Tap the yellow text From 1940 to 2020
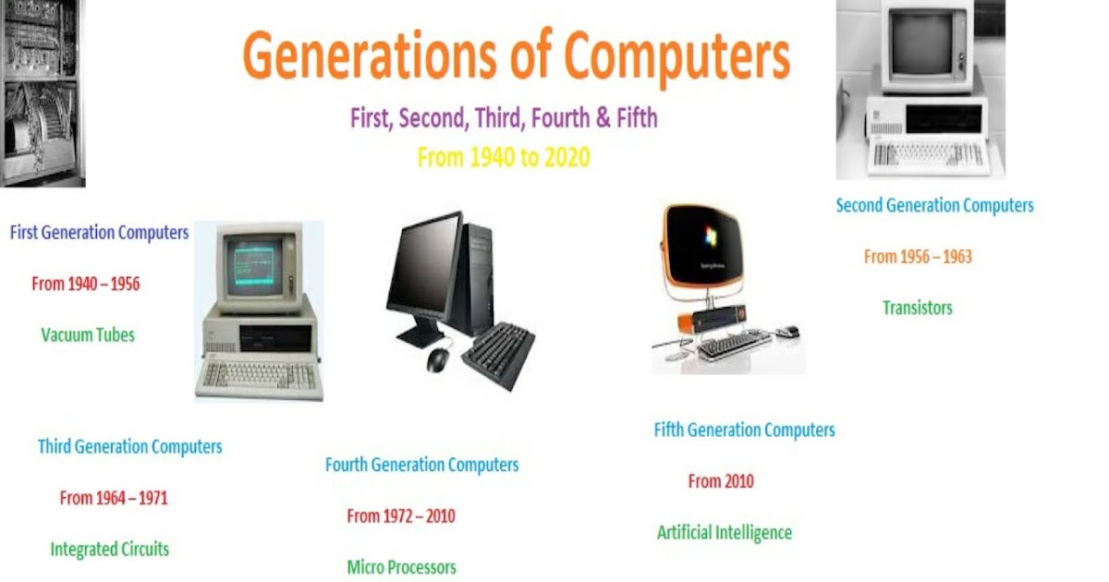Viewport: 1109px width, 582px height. (503, 157)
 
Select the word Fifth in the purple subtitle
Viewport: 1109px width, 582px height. (630, 118)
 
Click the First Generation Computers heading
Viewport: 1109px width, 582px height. (99, 233)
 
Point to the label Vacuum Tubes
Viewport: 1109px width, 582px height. (88, 335)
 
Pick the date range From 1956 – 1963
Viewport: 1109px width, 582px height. (918, 257)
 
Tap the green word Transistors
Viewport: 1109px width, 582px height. (917, 308)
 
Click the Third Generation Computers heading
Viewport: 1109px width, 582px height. (129, 447)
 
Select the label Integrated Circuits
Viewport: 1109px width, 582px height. (109, 550)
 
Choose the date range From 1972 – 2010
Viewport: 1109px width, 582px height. (401, 516)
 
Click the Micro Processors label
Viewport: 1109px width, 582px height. (401, 567)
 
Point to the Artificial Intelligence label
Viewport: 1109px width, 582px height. (725, 533)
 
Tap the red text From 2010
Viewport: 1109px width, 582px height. (721, 481)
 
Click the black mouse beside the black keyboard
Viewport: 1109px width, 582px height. (436, 359)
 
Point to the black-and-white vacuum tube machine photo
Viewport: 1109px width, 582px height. (43, 92)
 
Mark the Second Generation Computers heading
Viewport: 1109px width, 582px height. (934, 206)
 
